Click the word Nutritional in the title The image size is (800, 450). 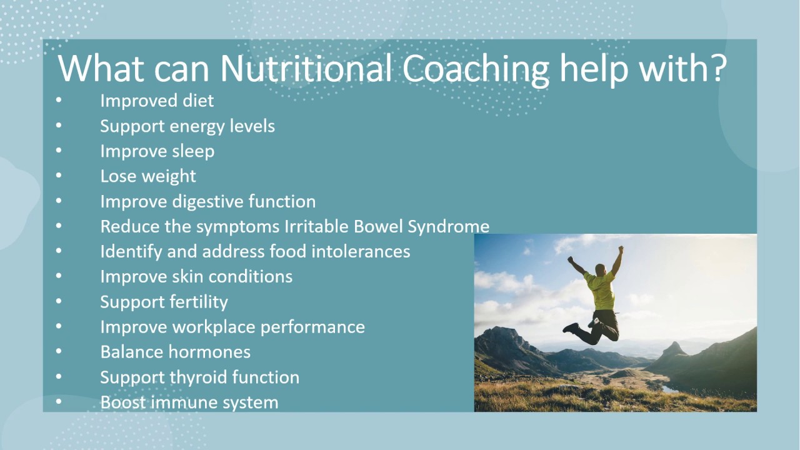pyautogui.click(x=307, y=68)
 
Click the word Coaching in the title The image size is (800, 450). pyautogui.click(x=476, y=68)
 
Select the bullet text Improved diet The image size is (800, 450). pyautogui.click(x=157, y=101)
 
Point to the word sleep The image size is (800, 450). pyautogui.click(x=193, y=151)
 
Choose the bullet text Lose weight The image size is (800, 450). pyautogui.click(x=148, y=176)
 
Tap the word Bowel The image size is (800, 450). pyautogui.click(x=378, y=226)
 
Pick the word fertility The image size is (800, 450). pyautogui.click(x=198, y=302)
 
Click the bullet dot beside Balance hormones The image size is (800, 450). pyautogui.click(x=59, y=352)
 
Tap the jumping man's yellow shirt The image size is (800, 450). pyautogui.click(x=600, y=291)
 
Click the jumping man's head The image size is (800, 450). pyautogui.click(x=601, y=269)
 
